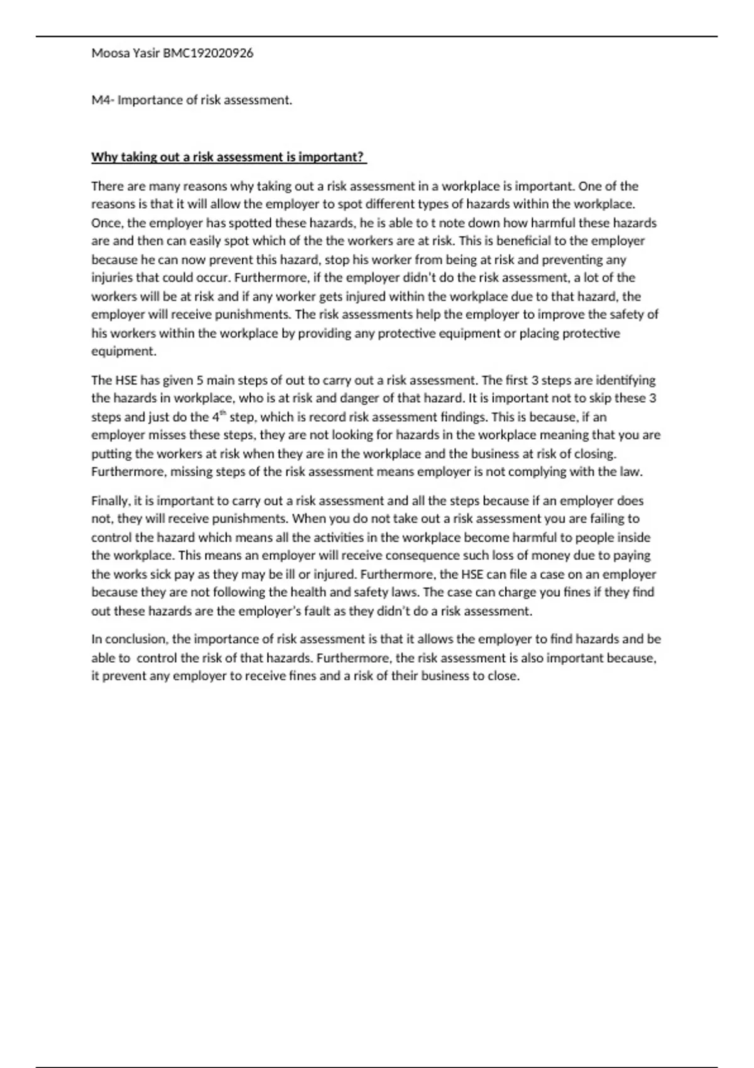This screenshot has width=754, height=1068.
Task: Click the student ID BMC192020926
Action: point(208,53)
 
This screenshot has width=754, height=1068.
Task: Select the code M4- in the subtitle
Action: point(102,101)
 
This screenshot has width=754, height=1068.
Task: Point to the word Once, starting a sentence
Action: point(107,223)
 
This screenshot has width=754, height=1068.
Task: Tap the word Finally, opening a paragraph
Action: point(111,501)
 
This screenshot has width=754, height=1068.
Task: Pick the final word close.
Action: point(504,677)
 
